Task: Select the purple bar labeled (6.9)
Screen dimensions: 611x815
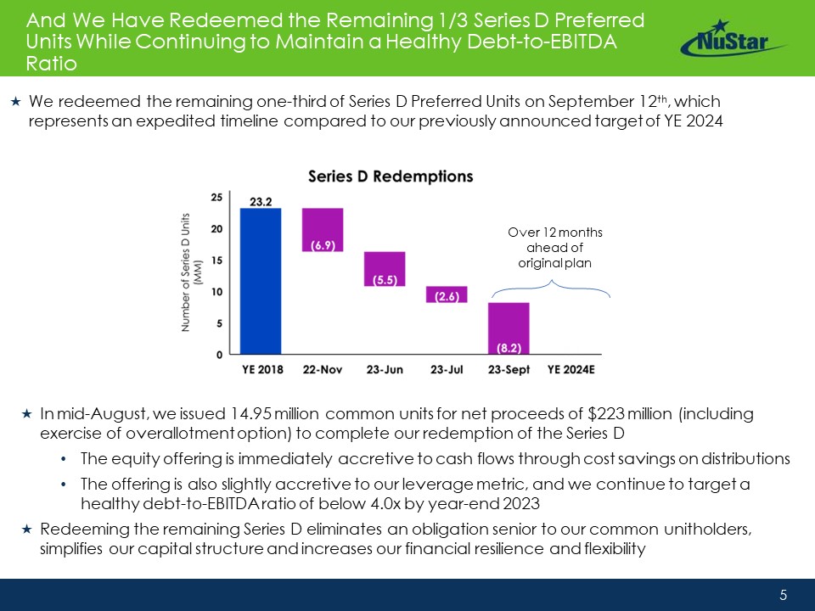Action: coord(323,229)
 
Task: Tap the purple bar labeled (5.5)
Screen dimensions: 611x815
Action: coord(385,268)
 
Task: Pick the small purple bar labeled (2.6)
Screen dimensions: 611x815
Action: coord(447,294)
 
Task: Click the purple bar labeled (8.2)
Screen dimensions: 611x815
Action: coord(509,328)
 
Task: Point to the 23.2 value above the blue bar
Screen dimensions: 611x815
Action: coord(261,202)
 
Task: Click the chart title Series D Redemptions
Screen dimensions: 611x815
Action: coord(391,177)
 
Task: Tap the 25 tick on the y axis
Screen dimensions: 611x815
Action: coord(216,197)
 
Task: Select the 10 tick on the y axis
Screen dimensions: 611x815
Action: coord(216,291)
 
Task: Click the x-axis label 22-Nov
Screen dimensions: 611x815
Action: coord(323,369)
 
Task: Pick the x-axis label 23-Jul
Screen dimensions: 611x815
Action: coord(447,369)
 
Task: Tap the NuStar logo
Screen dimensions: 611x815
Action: coord(733,38)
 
